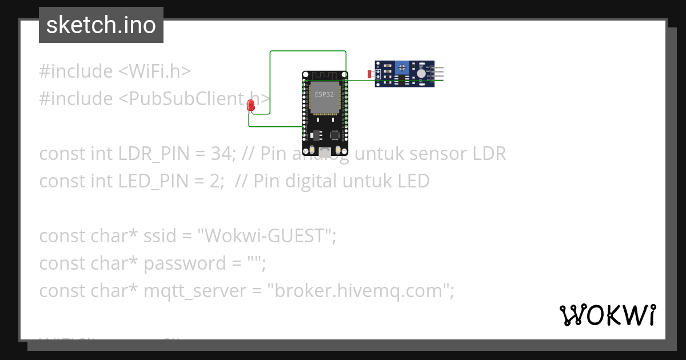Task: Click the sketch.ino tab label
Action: point(101,25)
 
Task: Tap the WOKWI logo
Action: point(607,315)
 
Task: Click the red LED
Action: point(250,105)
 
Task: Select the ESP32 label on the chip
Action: point(324,94)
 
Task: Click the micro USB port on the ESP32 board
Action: point(325,152)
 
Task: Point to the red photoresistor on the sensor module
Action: point(369,74)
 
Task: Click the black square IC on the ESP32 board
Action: point(335,136)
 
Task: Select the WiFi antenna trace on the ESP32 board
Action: point(324,76)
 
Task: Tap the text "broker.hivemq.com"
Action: point(358,291)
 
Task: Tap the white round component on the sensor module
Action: point(422,73)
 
